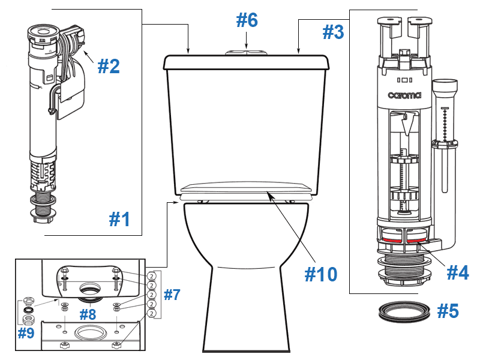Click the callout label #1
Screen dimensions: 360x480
119,220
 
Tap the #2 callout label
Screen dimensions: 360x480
109,65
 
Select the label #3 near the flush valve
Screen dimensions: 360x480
334,32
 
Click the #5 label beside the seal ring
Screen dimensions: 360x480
448,311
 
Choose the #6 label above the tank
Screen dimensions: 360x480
247,20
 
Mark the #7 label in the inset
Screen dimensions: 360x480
172,295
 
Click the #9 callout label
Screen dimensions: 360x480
26,333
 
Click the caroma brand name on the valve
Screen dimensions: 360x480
404,95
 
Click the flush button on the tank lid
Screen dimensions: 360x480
247,52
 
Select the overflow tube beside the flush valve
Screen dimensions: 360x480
445,138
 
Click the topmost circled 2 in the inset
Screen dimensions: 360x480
151,275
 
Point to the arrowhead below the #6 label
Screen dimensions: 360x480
247,44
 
